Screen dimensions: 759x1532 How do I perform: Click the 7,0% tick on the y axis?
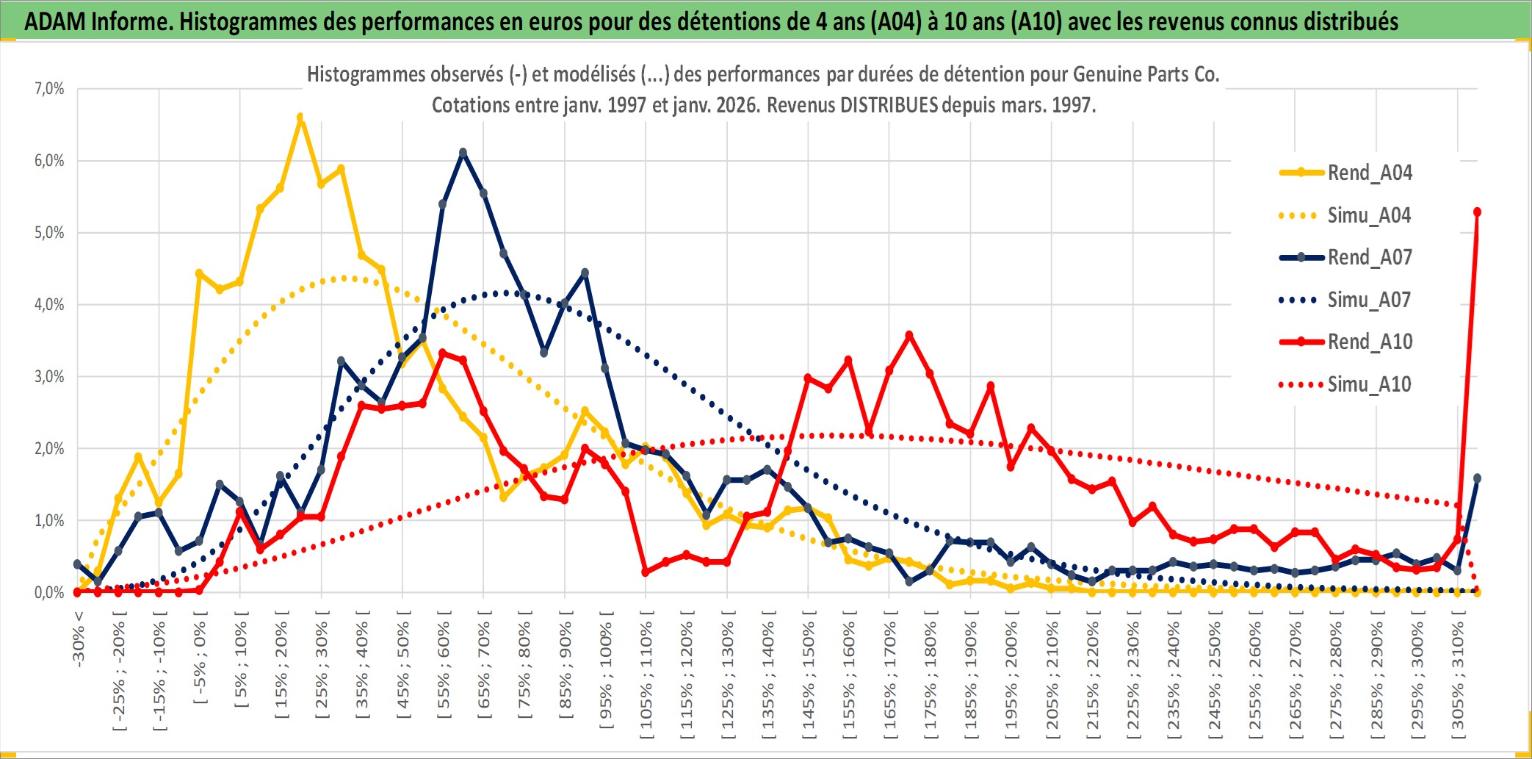point(49,89)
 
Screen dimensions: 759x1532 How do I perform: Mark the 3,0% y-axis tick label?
point(49,377)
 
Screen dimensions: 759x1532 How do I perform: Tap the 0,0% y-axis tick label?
point(49,593)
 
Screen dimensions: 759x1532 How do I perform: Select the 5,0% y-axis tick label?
point(49,233)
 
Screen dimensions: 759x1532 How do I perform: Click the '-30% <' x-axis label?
point(78,638)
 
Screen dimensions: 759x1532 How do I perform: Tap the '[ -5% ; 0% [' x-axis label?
point(200,658)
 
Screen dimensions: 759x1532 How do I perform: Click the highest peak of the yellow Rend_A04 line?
point(300,117)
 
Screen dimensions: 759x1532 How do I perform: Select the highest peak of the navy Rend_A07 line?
point(463,153)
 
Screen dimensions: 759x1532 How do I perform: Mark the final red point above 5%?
point(1477,212)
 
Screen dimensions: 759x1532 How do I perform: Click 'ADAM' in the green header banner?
point(55,22)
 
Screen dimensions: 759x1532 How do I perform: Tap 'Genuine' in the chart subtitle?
point(1106,74)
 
